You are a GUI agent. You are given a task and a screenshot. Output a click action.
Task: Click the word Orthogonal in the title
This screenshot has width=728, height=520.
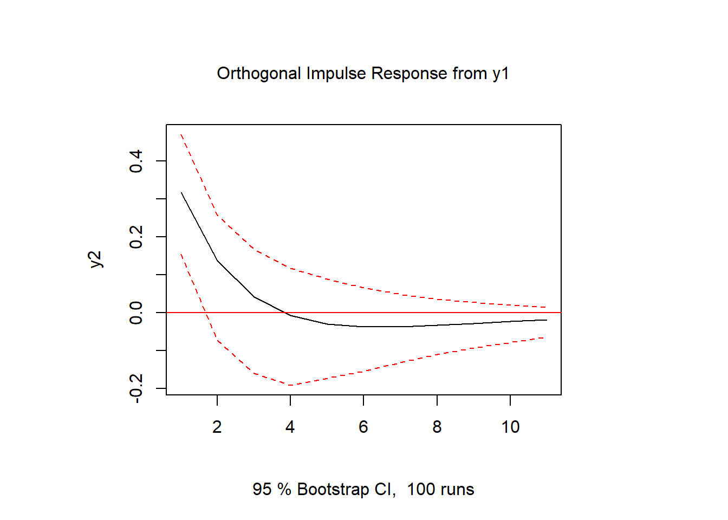258,74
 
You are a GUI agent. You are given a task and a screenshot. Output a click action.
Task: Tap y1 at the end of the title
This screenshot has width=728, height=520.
500,74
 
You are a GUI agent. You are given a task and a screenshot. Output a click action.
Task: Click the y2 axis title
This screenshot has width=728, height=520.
95,259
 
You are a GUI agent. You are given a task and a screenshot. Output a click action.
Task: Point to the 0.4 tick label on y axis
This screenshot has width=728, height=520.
136,161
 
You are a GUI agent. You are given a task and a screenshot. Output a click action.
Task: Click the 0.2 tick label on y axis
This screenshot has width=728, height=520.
136,237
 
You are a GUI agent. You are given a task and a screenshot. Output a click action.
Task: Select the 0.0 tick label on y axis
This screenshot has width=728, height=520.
136,313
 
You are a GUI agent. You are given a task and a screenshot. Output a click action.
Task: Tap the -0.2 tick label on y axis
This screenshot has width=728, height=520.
136,388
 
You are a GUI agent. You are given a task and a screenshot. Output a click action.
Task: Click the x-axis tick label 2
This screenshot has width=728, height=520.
217,427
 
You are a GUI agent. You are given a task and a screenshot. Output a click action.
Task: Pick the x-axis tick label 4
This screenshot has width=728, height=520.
290,427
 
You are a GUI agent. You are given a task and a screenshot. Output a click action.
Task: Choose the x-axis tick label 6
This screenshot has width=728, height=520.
363,427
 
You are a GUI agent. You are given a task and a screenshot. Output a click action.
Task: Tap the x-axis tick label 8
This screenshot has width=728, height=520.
437,427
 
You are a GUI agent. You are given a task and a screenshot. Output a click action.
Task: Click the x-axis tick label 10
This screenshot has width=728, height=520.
510,427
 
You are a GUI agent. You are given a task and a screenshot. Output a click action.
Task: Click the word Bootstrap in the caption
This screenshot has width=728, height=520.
333,490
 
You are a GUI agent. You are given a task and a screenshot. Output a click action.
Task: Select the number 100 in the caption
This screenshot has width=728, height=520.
421,490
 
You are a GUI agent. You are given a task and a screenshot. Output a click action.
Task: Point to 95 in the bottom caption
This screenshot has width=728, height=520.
262,490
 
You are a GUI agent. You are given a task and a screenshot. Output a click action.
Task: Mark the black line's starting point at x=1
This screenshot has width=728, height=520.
181,192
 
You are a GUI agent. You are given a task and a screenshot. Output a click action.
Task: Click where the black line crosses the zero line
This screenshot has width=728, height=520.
285,313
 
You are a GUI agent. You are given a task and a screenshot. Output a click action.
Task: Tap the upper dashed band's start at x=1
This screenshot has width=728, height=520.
181,134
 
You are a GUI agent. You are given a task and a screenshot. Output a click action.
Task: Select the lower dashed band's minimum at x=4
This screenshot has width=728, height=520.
291,385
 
